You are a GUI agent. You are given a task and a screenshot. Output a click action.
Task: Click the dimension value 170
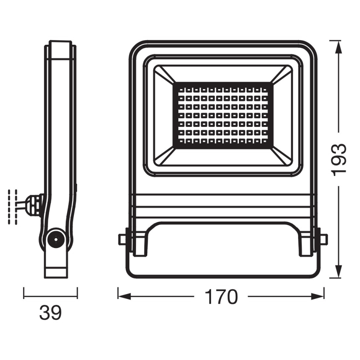pos(221,297)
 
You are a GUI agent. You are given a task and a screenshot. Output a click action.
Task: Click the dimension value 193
pos(340,160)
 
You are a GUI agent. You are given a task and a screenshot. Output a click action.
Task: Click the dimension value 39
pos(50,313)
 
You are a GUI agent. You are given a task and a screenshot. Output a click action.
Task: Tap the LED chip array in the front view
pos(224,115)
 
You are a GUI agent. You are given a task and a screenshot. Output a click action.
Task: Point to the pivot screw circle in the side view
pos(54,239)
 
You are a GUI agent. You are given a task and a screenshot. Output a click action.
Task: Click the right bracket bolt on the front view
pos(323,239)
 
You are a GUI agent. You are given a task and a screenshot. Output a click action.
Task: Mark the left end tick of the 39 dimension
pos(24,293)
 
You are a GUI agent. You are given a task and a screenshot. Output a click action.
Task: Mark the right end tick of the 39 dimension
pos(77,293)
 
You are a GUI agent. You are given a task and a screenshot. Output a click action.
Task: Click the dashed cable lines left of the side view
pos(12,207)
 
